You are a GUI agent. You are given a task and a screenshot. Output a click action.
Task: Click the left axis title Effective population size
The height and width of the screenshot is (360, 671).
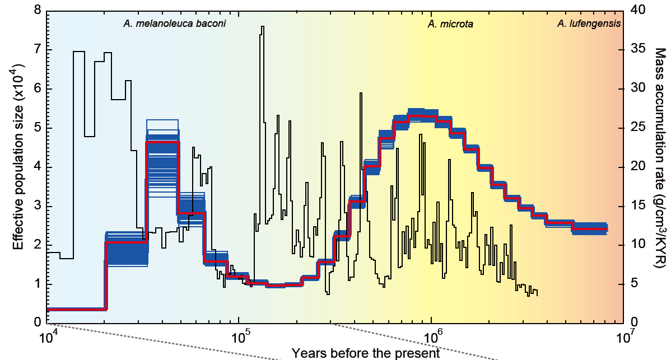17,166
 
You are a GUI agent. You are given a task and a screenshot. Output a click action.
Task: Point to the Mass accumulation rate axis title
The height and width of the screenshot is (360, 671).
660,166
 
